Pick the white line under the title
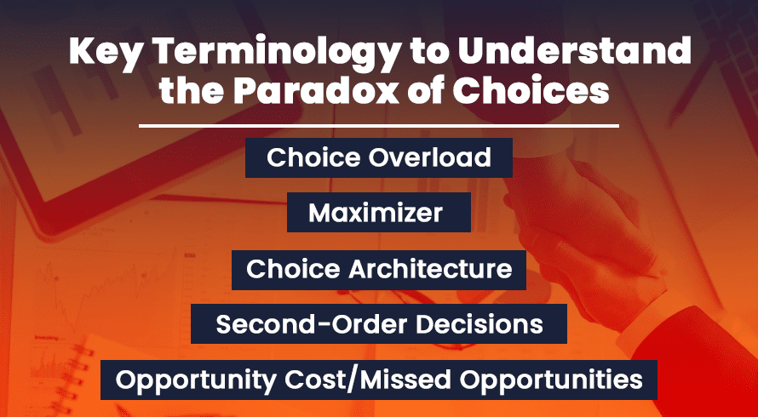click(378, 127)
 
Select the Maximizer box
click(378, 212)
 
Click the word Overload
click(431, 157)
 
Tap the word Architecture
click(430, 269)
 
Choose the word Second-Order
click(312, 324)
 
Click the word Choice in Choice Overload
click(314, 157)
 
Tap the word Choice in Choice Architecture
click(294, 269)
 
